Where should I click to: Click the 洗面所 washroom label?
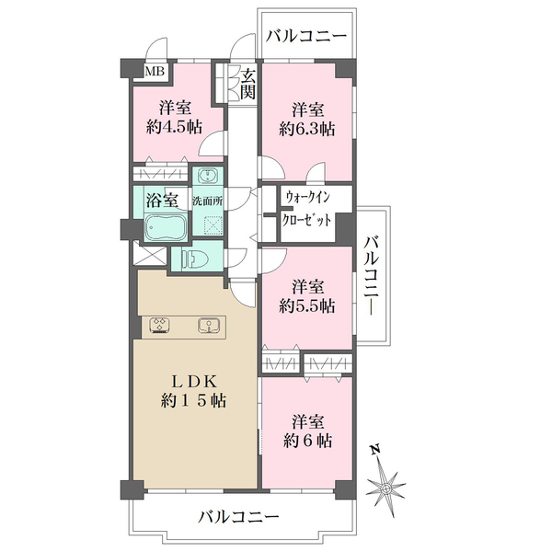click(x=207, y=200)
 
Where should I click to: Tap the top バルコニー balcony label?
click(x=306, y=37)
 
